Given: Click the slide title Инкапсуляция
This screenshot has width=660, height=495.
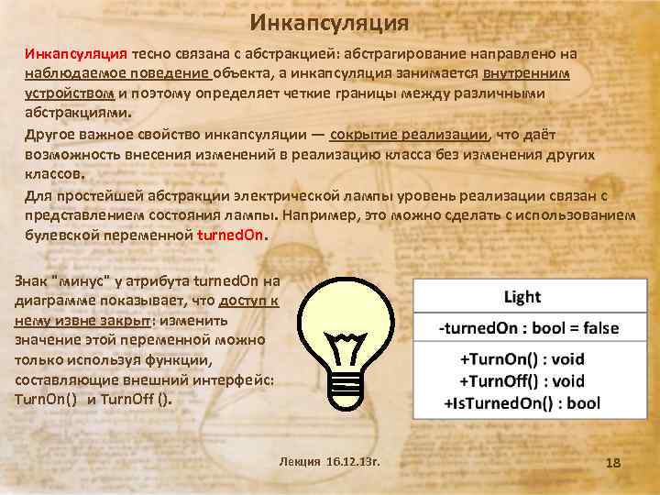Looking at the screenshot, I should point(330,21).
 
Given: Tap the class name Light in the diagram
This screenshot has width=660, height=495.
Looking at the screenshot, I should point(522,297).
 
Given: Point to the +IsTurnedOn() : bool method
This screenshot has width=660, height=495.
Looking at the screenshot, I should point(522,401).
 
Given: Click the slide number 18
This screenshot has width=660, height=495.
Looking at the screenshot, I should point(613,463).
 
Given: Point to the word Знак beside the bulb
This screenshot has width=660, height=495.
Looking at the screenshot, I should point(32,281).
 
